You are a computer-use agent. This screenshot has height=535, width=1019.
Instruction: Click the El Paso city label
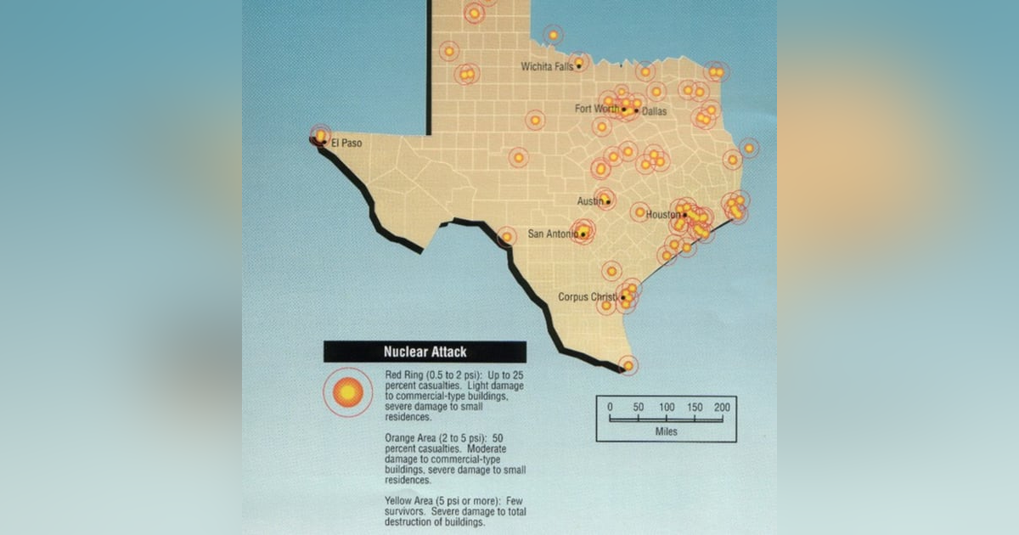coord(346,144)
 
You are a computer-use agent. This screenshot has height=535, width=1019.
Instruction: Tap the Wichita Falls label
coord(548,66)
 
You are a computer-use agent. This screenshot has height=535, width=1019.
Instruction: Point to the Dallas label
coord(655,111)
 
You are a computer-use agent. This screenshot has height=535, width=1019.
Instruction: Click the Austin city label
coord(590,201)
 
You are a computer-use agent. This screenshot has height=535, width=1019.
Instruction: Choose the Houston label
coord(663,215)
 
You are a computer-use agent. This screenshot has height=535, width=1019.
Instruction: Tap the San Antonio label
coord(554,234)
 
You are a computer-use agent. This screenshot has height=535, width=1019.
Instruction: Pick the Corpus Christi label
coord(588,297)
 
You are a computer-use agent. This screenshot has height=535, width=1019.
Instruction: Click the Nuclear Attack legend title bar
coord(425,352)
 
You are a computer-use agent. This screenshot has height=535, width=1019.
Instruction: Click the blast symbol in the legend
coord(347,392)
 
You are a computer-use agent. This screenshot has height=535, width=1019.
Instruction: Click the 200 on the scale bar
coord(722,407)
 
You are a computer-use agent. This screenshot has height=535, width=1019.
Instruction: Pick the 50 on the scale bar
coord(638,407)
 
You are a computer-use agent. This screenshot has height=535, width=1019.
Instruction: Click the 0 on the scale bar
coord(610,407)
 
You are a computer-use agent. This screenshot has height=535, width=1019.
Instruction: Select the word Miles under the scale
coord(666,431)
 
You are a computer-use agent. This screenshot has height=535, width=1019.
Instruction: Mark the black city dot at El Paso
coord(324,143)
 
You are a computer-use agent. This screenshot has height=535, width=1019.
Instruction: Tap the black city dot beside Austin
coord(607,202)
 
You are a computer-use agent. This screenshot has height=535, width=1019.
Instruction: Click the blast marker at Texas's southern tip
coord(628,366)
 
